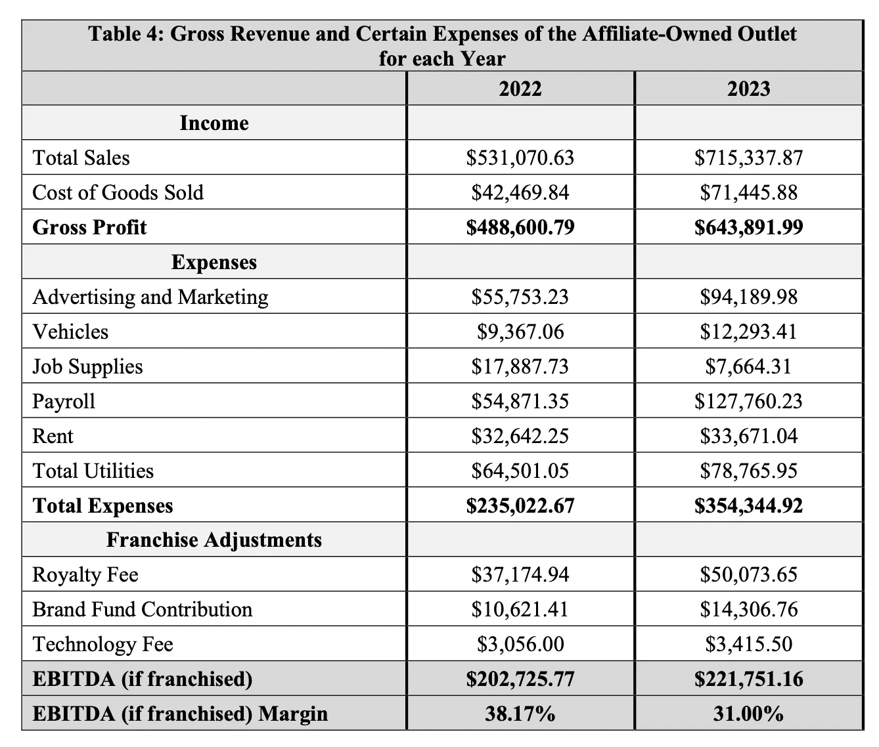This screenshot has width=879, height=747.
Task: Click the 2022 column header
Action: (520, 89)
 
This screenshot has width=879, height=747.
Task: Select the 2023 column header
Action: (748, 89)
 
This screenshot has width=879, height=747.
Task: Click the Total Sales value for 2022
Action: (520, 158)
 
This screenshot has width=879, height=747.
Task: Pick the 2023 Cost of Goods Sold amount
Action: (748, 192)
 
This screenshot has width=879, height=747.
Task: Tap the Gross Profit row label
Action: (89, 227)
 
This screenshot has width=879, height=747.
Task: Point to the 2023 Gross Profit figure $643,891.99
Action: (748, 227)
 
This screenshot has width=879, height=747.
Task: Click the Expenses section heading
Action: (214, 262)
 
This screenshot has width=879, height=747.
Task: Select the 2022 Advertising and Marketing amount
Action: (520, 297)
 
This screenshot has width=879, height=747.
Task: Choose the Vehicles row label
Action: (70, 331)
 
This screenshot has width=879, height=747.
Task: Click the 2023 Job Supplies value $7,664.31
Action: (748, 366)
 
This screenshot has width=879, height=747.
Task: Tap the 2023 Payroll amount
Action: (748, 401)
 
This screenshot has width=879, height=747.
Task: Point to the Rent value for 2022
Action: (520, 436)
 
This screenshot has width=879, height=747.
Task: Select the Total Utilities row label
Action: (93, 471)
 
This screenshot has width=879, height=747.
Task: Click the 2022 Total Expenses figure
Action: (520, 505)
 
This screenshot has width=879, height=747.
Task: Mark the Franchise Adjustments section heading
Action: (214, 540)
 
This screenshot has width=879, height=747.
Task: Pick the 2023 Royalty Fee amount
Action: (748, 574)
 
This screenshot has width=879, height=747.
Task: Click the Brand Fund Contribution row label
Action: (143, 609)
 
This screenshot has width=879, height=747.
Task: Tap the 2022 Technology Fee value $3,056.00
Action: (520, 644)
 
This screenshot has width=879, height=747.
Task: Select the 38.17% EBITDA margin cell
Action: (520, 714)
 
